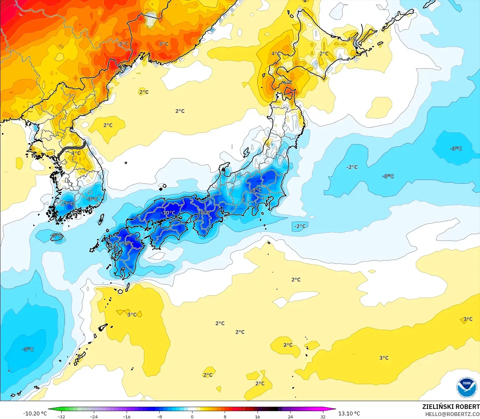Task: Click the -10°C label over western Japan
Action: click(168, 213)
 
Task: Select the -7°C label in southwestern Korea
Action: click(68, 203)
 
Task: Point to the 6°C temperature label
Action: click(287, 82)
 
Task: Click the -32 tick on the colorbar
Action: click(61, 416)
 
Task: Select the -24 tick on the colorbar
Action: click(94, 416)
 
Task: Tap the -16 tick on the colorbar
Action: click(127, 416)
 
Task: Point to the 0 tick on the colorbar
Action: click(192, 416)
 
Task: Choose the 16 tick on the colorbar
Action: click(258, 416)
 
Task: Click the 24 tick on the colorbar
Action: click(290, 416)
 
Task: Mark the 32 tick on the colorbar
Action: click(323, 416)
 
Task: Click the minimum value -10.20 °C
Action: click(35, 413)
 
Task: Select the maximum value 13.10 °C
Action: click(349, 413)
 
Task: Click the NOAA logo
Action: click(466, 387)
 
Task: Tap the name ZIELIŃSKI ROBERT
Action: click(451, 407)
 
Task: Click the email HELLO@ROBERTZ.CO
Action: click(452, 414)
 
